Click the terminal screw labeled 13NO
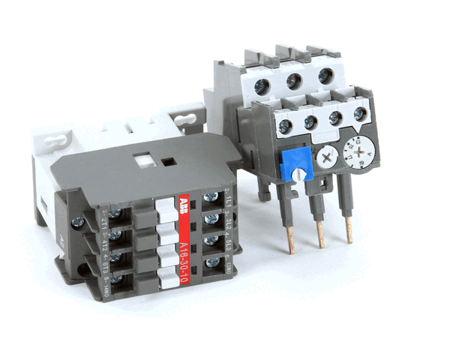pos(213,262)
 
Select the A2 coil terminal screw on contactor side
pos(77,223)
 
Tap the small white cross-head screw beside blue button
pos(325,158)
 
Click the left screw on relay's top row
pos(260,87)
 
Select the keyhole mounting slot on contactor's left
pos(54,139)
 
